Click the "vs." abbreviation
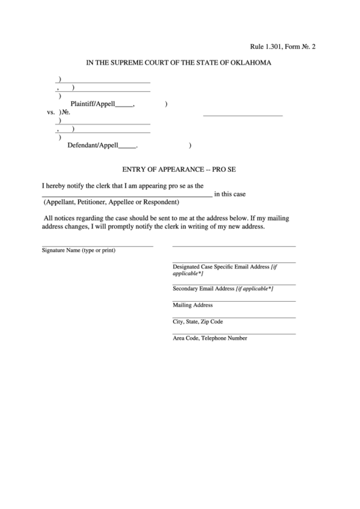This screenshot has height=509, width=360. (x=51, y=113)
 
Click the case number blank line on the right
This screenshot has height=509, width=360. (x=242, y=116)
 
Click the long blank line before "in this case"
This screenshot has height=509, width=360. (x=127, y=196)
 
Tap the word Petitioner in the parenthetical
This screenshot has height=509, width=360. (x=100, y=203)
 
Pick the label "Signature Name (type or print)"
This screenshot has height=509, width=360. (x=79, y=251)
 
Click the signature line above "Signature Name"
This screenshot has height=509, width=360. (x=97, y=245)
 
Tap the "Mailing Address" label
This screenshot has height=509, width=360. (x=193, y=305)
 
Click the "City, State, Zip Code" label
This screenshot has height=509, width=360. (x=198, y=321)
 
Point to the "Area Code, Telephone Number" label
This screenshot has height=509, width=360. (x=210, y=338)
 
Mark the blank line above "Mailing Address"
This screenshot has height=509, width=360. (x=234, y=300)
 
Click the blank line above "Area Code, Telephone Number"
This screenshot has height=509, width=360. (x=234, y=333)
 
